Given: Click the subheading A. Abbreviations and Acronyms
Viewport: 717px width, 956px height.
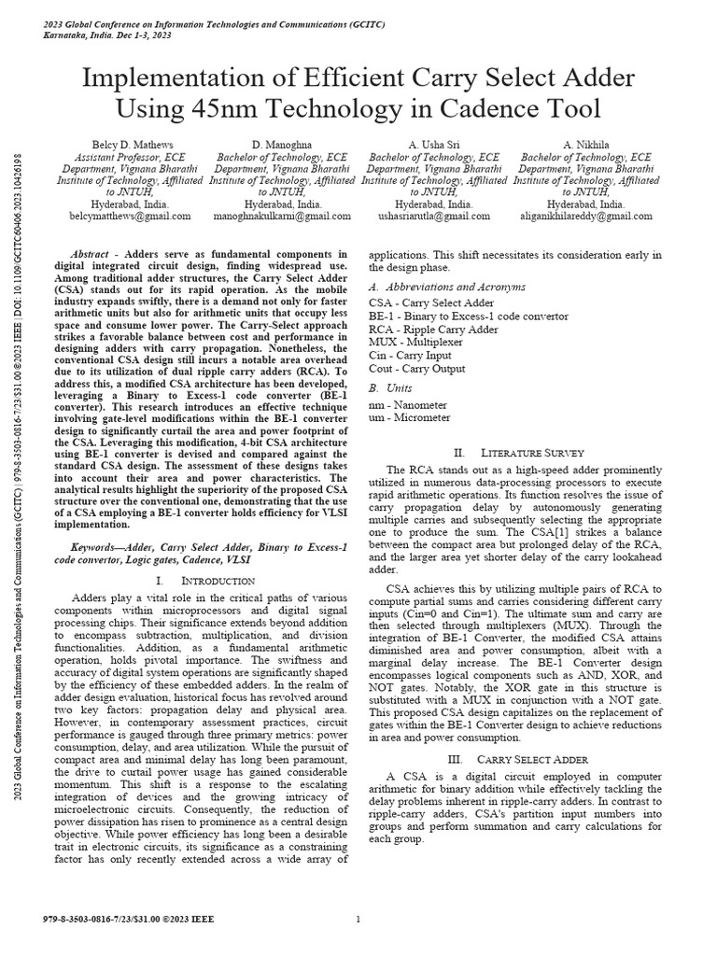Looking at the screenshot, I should coord(447,287).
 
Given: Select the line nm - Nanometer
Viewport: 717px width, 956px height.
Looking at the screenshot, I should coord(408,404).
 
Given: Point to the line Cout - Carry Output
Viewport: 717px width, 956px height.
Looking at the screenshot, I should coord(416,369).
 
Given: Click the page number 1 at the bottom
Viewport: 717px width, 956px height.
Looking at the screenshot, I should coord(358,920).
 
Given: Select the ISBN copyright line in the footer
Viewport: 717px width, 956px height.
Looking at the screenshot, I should coord(115,920).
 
